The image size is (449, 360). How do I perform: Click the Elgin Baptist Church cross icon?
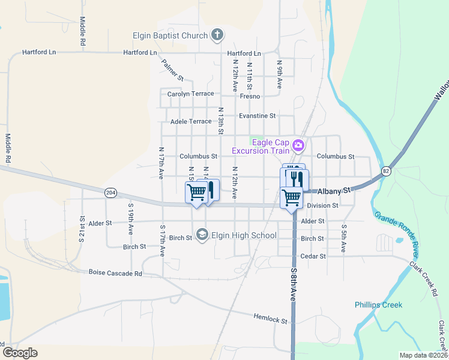[217, 35]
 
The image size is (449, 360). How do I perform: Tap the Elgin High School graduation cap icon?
[202, 235]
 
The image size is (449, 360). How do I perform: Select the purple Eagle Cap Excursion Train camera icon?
[297, 145]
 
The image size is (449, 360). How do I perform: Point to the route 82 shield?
[385, 172]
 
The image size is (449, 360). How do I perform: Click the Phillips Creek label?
[378, 305]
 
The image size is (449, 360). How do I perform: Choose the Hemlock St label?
[270, 318]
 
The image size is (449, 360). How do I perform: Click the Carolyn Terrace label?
[190, 94]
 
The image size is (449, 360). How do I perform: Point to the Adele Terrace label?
[191, 121]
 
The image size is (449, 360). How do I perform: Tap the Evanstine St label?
[257, 116]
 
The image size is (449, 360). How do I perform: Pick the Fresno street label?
[250, 96]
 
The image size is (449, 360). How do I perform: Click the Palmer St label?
[172, 70]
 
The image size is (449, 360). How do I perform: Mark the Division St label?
[322, 206]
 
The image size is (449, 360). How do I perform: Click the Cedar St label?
[313, 256]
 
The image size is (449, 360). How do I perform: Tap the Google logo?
[20, 353]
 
